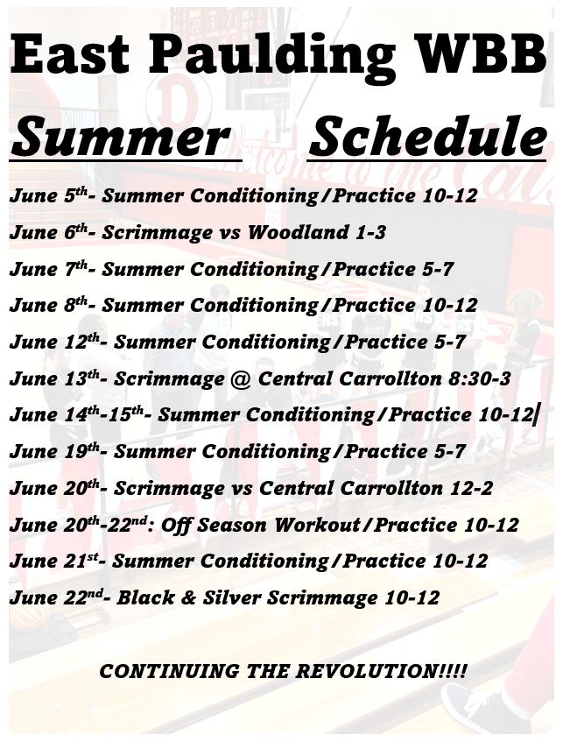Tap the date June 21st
click(53, 562)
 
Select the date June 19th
click(54, 451)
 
